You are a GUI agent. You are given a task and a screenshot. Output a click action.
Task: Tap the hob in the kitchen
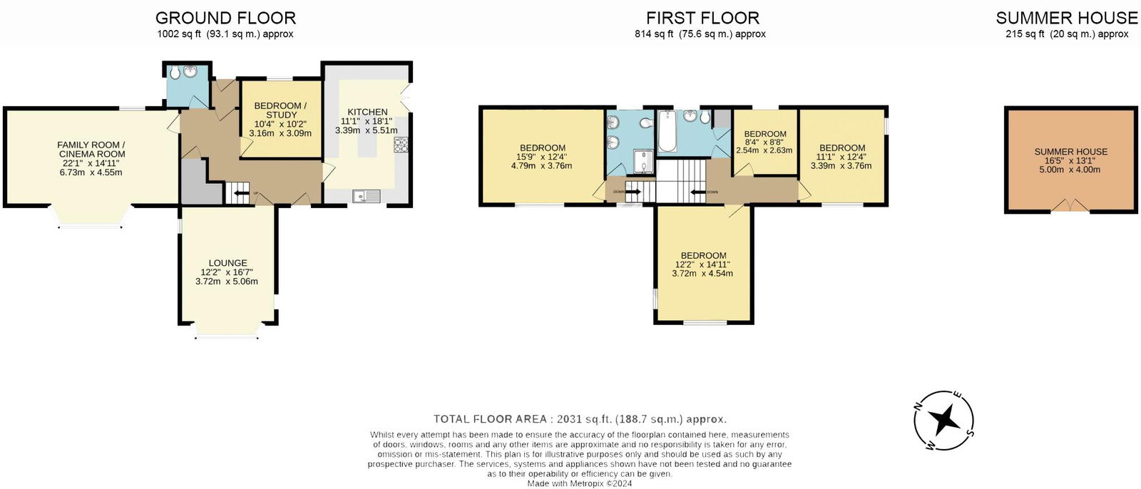400,144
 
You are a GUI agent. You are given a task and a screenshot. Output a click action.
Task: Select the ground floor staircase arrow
242,192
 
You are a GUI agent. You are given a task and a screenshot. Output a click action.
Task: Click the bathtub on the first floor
667,131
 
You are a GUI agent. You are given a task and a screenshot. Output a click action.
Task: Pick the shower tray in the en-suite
643,163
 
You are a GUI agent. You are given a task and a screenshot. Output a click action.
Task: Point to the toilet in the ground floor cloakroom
175,72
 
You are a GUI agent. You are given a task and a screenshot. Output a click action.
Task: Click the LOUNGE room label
227,263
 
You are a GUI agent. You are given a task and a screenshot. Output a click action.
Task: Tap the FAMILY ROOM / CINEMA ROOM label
91,150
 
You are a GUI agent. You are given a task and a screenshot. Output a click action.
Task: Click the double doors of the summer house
1070,206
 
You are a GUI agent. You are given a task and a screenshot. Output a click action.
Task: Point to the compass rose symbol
946,420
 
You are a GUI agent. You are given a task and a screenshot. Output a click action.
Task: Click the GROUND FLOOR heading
225,18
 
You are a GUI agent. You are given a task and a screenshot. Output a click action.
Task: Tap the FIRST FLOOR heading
702,18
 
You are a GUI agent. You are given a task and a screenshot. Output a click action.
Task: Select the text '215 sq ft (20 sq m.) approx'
1067,34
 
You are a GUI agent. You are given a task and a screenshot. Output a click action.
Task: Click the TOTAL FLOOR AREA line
580,419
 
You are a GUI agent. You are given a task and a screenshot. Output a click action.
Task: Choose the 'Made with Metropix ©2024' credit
579,483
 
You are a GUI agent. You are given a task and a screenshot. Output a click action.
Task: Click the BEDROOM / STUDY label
280,110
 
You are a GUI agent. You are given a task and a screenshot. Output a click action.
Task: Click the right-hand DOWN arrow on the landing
697,192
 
